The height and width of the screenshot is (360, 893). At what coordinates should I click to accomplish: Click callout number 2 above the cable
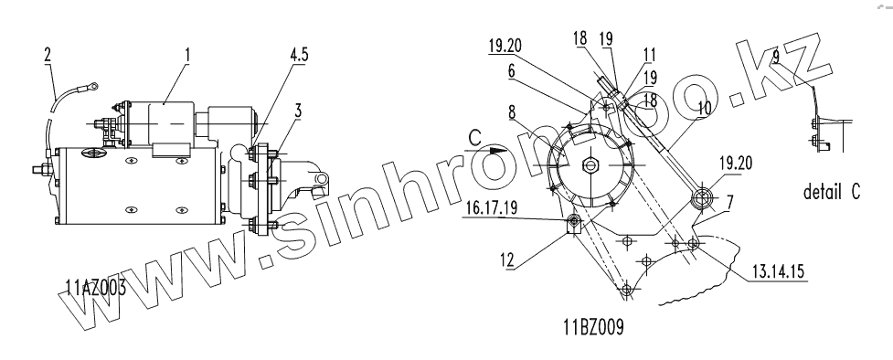48,55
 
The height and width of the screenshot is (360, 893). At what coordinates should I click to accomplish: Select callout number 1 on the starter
186,55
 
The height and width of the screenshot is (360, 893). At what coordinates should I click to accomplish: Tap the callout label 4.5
299,55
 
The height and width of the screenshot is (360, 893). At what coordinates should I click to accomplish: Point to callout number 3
298,111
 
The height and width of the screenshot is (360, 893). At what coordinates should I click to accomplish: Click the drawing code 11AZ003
96,288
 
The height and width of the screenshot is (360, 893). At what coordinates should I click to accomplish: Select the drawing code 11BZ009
594,327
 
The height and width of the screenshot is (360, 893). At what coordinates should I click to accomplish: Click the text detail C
832,192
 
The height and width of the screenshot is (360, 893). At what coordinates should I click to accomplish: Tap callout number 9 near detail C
776,57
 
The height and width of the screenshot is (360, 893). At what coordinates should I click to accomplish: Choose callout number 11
650,55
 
